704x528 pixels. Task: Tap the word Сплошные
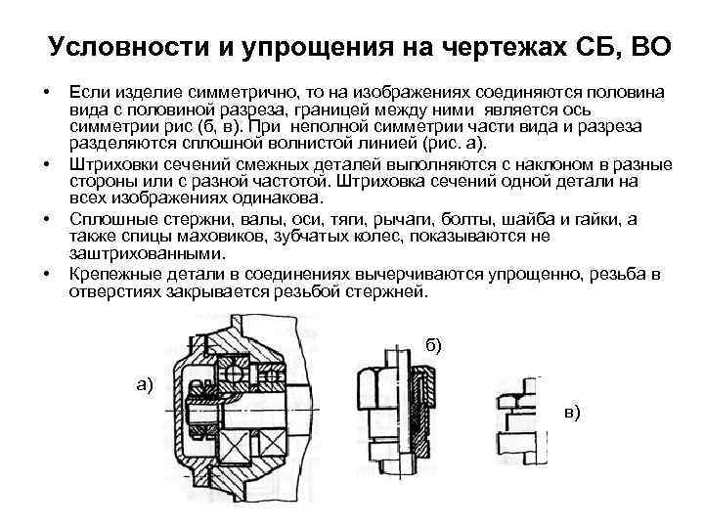pyautogui.click(x=106, y=217)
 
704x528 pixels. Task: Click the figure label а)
pyautogui.click(x=146, y=384)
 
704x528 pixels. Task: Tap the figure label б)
pyautogui.click(x=434, y=344)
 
